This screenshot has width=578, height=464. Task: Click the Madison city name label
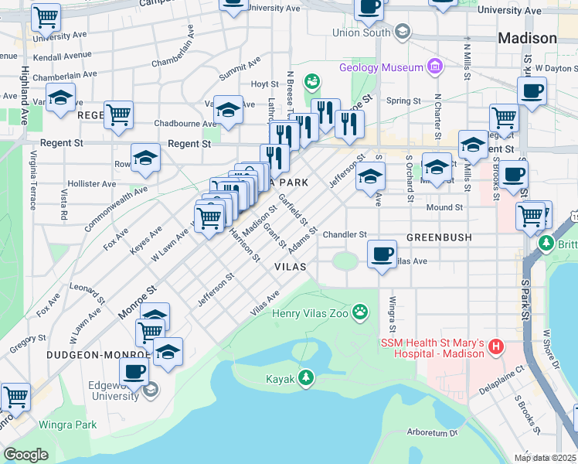(527, 38)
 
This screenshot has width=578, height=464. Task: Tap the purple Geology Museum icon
(434, 67)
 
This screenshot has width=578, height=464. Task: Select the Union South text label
(361, 32)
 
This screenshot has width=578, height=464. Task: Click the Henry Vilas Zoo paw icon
(360, 312)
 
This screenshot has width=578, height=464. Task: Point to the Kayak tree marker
(308, 377)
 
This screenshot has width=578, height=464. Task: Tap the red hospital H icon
(496, 349)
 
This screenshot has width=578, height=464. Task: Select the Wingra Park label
(70, 425)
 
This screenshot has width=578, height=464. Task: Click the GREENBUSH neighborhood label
(438, 237)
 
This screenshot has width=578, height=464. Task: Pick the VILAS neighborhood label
(291, 266)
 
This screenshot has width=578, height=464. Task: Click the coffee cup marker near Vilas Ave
(381, 254)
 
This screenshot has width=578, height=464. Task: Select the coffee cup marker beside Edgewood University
(134, 370)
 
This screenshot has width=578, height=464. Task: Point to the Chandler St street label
(345, 234)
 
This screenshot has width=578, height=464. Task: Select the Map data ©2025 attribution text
(545, 458)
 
